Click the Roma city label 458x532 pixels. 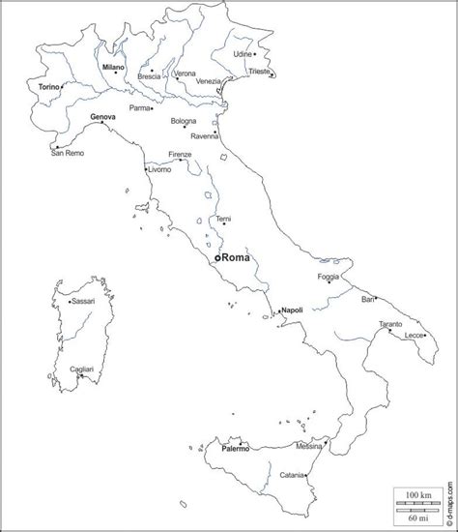[237, 258]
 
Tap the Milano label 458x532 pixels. [113, 66]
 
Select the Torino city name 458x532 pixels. [49, 87]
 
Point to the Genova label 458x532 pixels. [102, 117]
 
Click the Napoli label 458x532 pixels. [293, 310]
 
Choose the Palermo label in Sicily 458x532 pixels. [236, 449]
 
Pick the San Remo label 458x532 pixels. [68, 152]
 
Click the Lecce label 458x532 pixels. [415, 335]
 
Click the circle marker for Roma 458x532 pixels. [217, 258]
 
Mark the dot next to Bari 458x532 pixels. [377, 298]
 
